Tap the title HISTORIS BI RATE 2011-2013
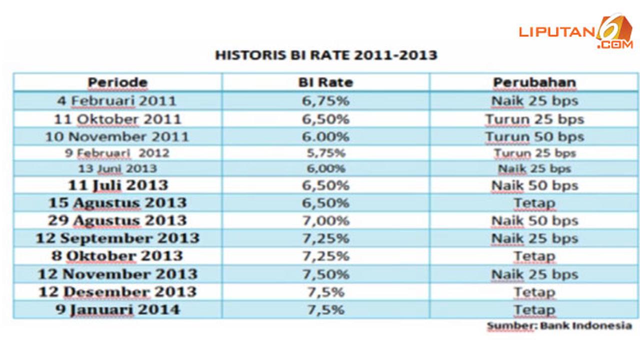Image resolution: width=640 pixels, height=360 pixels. pos(326,55)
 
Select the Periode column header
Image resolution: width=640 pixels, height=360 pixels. pos(117,82)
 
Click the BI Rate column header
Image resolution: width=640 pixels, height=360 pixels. pos(325,82)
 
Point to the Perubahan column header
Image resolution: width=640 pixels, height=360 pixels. pos(534,82)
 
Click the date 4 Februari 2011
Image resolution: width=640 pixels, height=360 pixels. pos(117,101)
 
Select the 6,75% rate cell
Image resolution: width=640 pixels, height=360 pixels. pos(325,101)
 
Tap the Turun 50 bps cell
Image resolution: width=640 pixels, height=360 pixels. pos(534,136)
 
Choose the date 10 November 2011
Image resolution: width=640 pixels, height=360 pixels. pos(117,136)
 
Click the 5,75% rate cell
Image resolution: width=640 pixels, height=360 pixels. pos(325,153)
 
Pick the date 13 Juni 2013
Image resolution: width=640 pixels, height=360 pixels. pos(117,169)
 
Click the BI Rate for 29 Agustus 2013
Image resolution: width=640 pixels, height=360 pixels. pos(325,220)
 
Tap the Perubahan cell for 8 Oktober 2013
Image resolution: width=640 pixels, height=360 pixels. pos(534,256)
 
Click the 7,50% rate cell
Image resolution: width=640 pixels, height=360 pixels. pos(325,274)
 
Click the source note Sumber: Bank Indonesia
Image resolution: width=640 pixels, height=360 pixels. pos(559,326)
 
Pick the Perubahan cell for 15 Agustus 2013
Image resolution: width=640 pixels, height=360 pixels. pos(534,203)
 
